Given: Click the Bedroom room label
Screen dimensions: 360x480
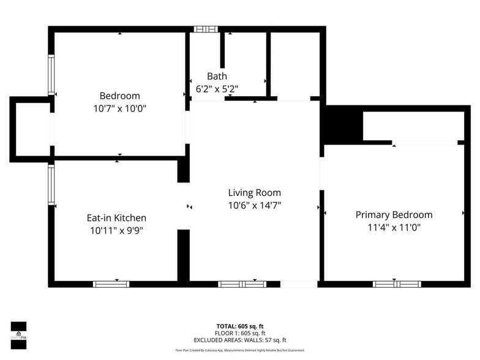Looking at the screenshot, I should (x=119, y=96).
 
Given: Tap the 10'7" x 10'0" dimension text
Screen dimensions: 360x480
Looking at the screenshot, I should (x=119, y=108).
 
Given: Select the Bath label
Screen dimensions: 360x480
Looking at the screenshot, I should (x=217, y=76).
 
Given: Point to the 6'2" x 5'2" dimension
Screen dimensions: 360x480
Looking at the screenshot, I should (x=217, y=89).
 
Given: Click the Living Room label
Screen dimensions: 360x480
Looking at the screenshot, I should (x=254, y=192).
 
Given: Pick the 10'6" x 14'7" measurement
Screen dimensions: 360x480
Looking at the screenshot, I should (x=254, y=205).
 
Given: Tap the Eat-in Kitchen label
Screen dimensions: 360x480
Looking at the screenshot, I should (x=116, y=217).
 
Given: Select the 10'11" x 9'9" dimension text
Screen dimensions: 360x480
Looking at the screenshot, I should (x=116, y=230).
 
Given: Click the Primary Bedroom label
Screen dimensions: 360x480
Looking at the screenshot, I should (x=394, y=214).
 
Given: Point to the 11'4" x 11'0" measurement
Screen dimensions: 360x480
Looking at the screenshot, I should (x=394, y=227).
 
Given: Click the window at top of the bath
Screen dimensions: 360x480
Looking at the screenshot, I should (x=206, y=29).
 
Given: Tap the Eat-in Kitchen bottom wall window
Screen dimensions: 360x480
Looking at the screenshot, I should (x=111, y=284).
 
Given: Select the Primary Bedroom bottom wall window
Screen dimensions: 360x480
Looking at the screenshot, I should (x=397, y=284).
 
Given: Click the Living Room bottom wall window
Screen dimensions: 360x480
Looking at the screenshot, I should (x=242, y=284).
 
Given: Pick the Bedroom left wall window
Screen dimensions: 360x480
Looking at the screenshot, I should (x=51, y=75).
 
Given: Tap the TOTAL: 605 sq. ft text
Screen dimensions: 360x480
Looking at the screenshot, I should (x=239, y=326).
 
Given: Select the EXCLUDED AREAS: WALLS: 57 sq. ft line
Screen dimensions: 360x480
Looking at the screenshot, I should (x=239, y=340).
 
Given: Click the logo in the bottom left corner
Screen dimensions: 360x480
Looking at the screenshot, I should (x=18, y=336).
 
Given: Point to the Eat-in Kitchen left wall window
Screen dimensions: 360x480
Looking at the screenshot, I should (x=51, y=184).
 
